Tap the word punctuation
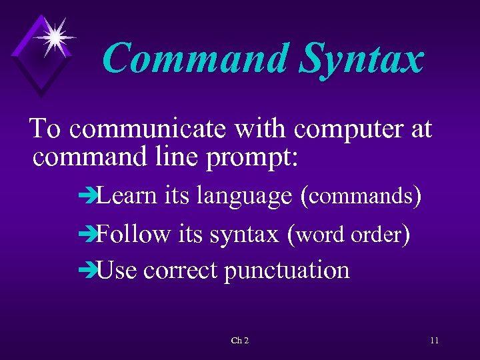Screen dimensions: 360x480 (287, 271)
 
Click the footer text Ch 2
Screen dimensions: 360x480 (239, 341)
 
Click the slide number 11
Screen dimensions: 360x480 (434, 341)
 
